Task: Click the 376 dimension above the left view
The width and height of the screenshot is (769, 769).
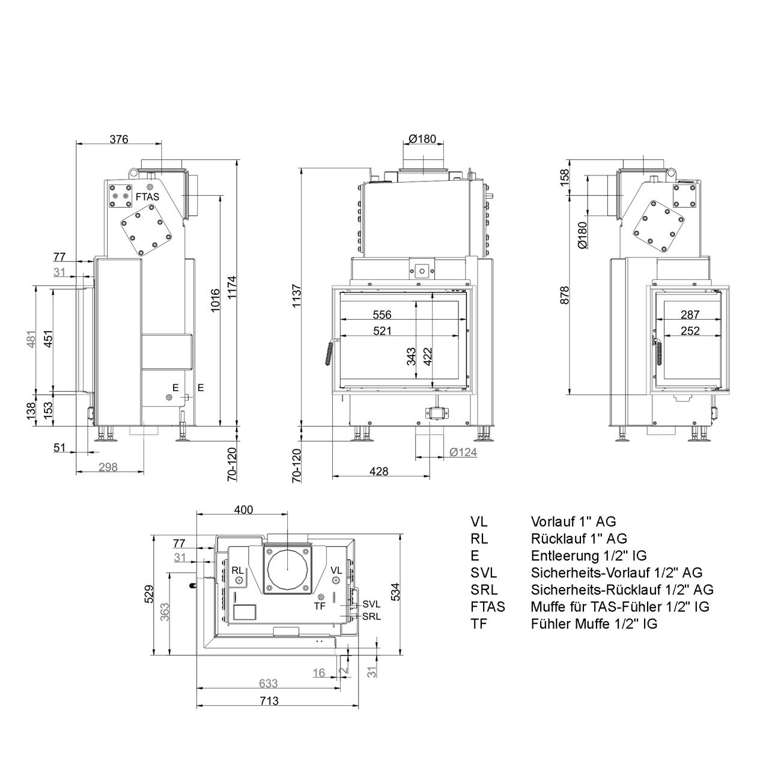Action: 119,139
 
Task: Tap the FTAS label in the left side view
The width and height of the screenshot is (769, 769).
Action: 147,196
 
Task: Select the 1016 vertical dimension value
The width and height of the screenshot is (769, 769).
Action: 215,300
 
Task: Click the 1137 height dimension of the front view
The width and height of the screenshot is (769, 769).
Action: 297,296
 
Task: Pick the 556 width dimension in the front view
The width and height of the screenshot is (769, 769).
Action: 382,315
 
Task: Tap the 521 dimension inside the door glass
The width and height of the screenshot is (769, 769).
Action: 382,331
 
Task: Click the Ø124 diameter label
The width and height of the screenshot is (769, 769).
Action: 463,452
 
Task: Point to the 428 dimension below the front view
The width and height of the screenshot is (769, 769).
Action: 378,472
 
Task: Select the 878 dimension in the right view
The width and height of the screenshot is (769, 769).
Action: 564,296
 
